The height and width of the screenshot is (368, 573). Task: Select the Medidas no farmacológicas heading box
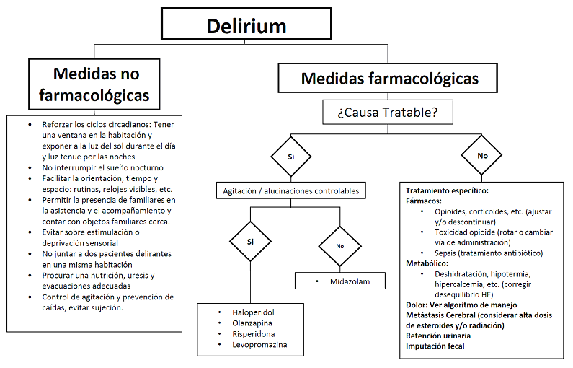click(x=96, y=84)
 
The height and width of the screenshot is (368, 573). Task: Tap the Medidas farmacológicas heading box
click(x=388, y=78)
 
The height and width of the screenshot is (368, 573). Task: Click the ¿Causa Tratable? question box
click(x=388, y=113)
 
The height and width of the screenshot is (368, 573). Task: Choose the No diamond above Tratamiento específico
click(x=481, y=156)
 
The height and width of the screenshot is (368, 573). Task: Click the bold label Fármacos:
click(x=424, y=201)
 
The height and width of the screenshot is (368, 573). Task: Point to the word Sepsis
click(x=448, y=253)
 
